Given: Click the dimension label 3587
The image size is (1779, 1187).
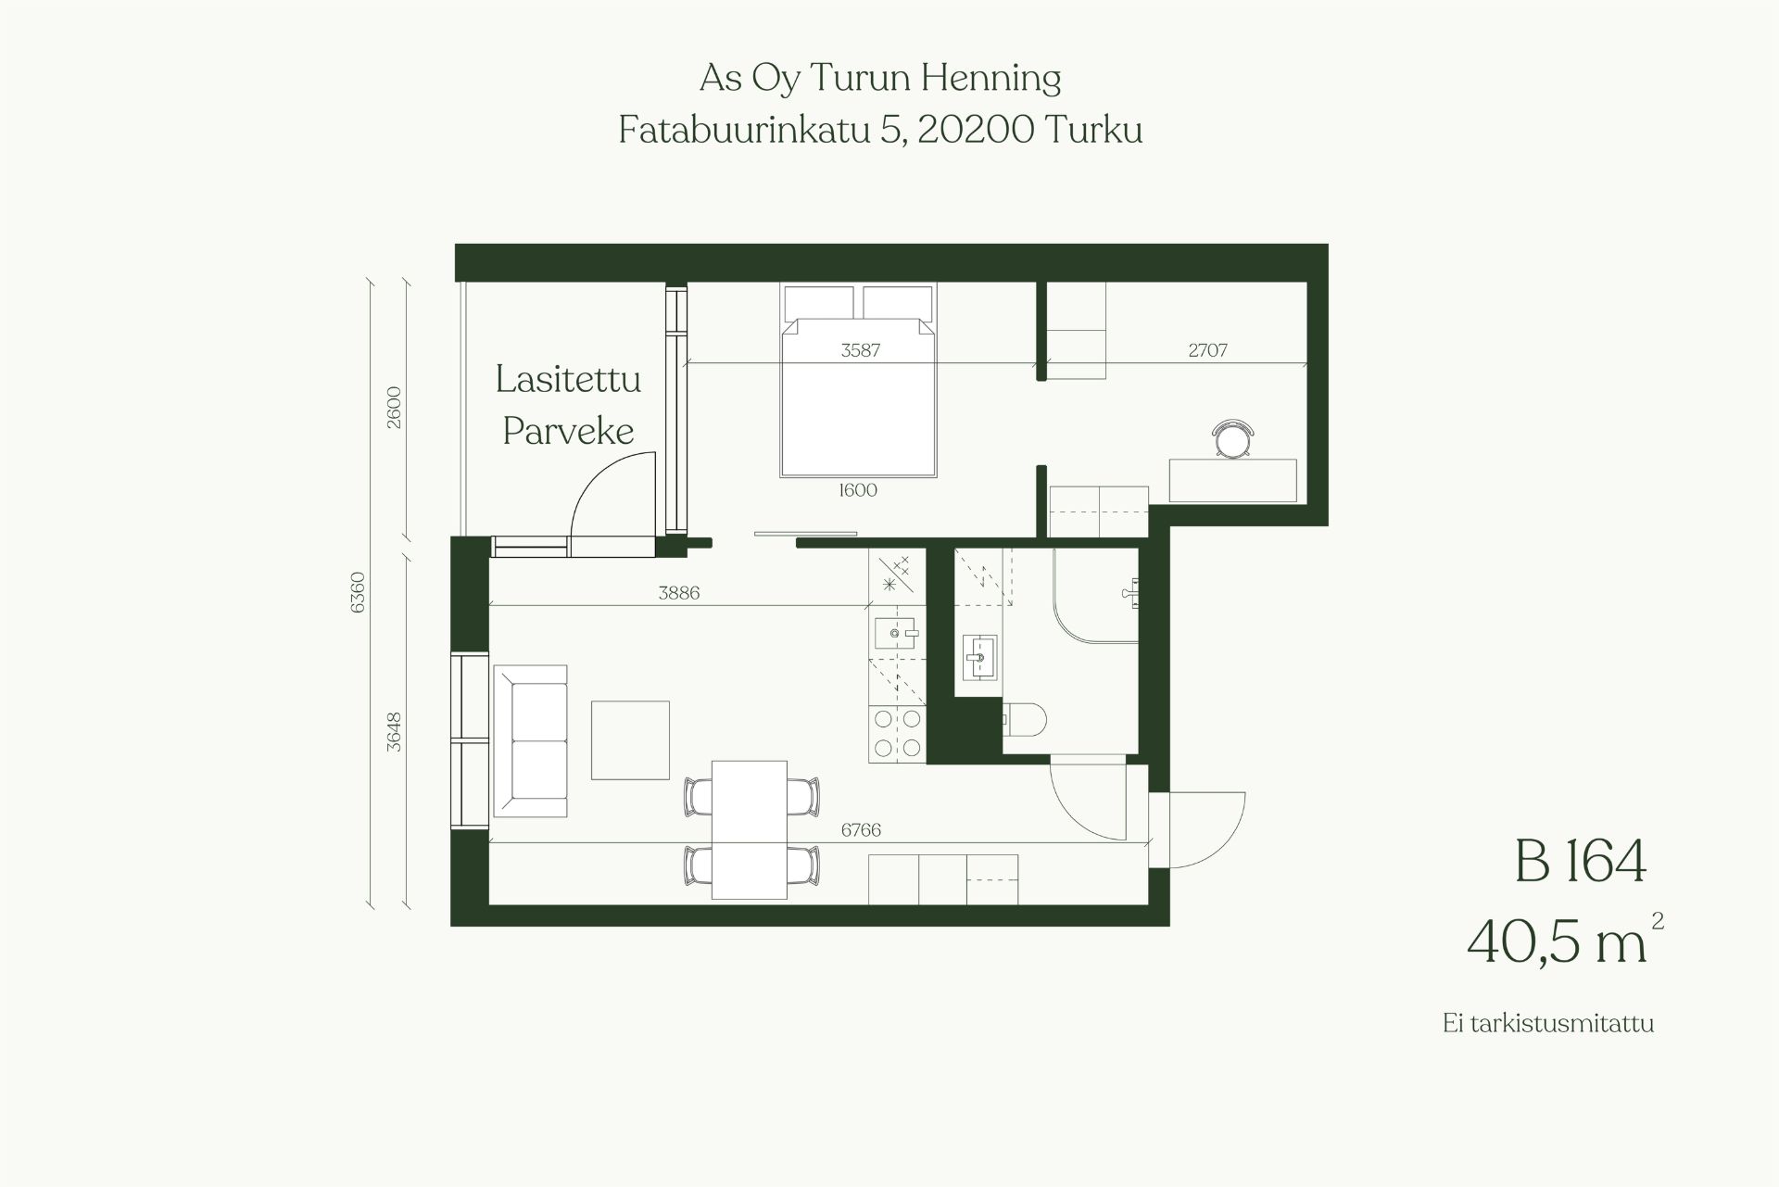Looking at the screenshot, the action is (860, 350).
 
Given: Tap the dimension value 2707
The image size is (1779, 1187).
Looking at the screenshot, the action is (1207, 350).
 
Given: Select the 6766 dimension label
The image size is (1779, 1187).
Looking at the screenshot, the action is (861, 830).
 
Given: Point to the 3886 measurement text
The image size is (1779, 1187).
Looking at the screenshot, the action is (678, 593).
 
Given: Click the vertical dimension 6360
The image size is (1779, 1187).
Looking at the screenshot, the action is (359, 592).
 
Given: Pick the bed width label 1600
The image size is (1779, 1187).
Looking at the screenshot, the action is (858, 490).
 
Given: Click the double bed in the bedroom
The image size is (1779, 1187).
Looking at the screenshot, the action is (858, 380).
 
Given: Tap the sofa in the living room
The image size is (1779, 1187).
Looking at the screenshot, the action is (530, 740).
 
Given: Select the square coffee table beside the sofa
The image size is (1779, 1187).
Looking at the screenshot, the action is (630, 740).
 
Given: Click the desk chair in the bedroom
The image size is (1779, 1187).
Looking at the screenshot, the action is (1233, 438).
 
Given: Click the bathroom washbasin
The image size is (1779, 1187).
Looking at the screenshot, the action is (979, 657).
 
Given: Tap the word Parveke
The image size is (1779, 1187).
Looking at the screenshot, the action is (568, 432).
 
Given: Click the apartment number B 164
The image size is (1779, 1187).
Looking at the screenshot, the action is (1581, 861).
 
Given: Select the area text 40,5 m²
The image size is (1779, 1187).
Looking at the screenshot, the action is (1565, 941).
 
